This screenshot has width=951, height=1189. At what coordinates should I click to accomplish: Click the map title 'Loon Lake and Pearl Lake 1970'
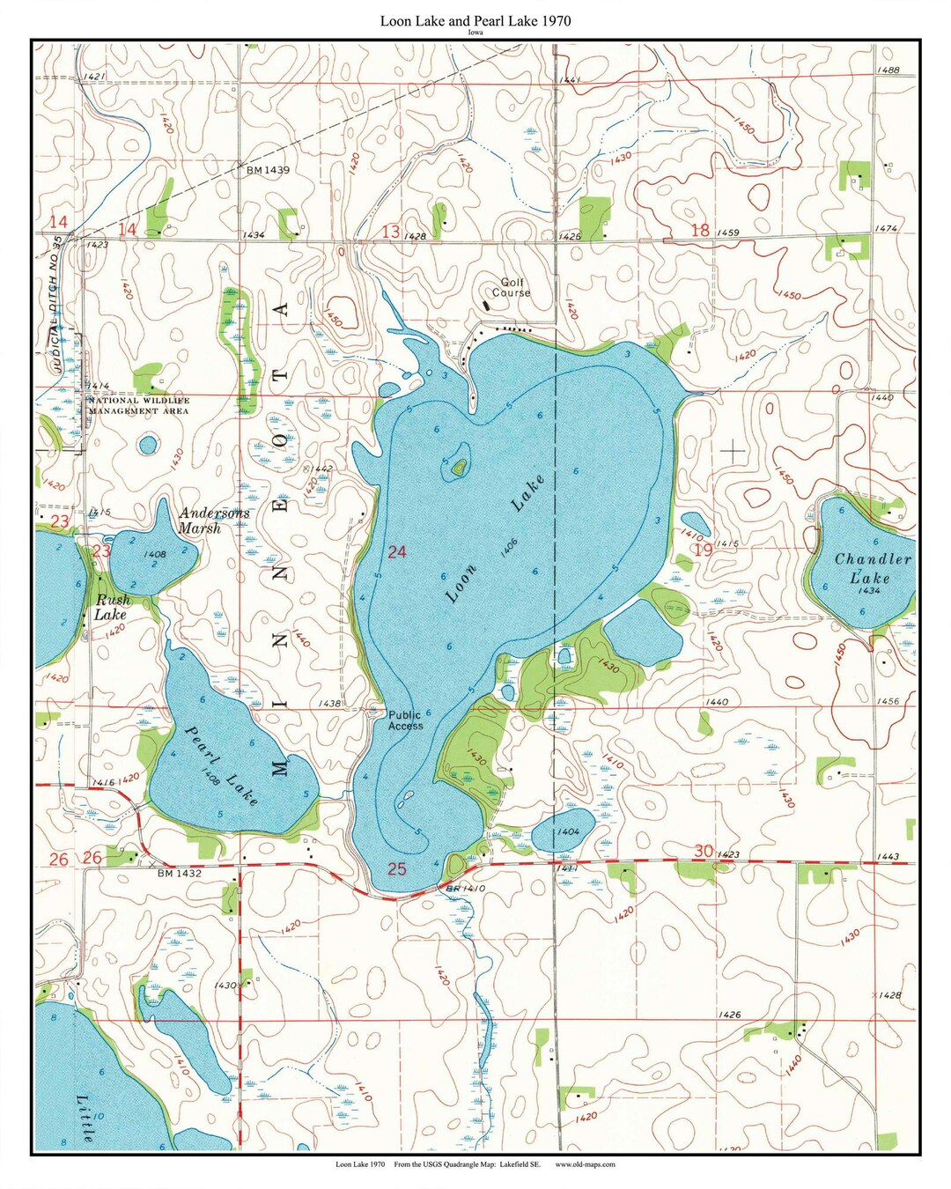pos(475,20)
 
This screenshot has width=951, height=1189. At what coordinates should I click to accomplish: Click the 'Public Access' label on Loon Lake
pos(405,720)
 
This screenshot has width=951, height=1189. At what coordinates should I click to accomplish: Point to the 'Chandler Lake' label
pos(872,568)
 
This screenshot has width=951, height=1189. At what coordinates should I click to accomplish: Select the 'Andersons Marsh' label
pos(213,521)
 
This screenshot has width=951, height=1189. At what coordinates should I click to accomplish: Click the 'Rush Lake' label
pos(111,608)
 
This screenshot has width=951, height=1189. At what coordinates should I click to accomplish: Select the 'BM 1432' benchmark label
pos(180,874)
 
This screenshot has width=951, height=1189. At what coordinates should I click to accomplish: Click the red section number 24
pos(397,551)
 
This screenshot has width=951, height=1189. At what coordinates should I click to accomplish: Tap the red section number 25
pos(397,868)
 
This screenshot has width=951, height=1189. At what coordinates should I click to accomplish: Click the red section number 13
pos(391,231)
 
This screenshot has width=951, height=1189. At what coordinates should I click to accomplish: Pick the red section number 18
pos(700,230)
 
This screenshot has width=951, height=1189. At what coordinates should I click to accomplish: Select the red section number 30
pos(703,851)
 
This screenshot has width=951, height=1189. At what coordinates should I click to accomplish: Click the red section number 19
pos(702,550)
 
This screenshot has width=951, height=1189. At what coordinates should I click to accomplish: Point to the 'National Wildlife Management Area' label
pos(137,405)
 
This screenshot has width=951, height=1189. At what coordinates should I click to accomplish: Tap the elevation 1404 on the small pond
pos(568,831)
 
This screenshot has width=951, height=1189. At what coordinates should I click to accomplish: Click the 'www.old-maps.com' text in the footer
pos(585,1164)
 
